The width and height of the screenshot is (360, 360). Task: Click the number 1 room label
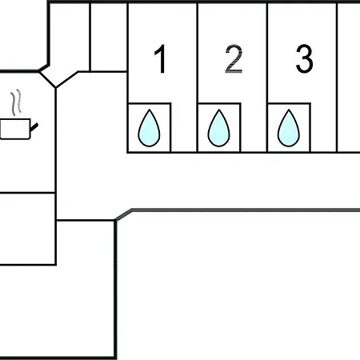(161, 58)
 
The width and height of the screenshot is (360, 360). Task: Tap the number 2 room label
(234, 58)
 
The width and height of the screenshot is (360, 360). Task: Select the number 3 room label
(304, 58)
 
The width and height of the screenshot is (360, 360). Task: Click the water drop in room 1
(149, 128)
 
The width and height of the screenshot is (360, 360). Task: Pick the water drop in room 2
(219, 128)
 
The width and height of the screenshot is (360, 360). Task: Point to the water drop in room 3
(289, 128)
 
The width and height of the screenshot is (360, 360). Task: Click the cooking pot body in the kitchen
(15, 129)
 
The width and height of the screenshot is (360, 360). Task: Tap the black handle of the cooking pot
(34, 127)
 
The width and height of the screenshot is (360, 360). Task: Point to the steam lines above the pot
(16, 102)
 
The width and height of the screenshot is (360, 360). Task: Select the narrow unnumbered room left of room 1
(109, 37)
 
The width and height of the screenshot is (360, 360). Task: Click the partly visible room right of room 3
(349, 78)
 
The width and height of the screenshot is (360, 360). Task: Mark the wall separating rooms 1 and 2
(198, 78)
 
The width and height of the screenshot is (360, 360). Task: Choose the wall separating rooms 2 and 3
(267, 78)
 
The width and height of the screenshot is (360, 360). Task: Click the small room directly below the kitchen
(27, 229)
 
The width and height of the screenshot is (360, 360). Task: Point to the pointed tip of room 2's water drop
(219, 110)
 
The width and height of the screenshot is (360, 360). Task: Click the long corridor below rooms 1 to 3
(208, 181)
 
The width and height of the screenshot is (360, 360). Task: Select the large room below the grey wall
(238, 286)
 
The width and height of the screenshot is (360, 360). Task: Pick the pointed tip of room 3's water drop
(289, 110)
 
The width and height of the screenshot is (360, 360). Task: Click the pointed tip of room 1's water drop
(150, 110)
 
